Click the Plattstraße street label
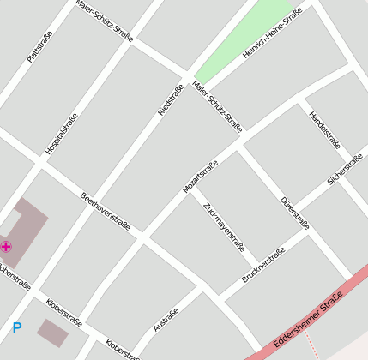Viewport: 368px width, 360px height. tap(39, 45)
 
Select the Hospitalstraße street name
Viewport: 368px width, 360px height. tap(62, 134)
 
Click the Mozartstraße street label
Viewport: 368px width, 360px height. tap(200, 176)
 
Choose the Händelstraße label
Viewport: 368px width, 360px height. tap(325, 131)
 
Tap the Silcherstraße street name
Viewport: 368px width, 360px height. tap(346, 170)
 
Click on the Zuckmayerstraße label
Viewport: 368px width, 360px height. tap(224, 225)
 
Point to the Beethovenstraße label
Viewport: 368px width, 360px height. tap(105, 211)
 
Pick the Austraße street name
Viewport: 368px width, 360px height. tap(166, 321)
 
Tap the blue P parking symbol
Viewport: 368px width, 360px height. tap(16, 327)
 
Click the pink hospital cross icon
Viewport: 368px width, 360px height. tap(6, 247)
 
